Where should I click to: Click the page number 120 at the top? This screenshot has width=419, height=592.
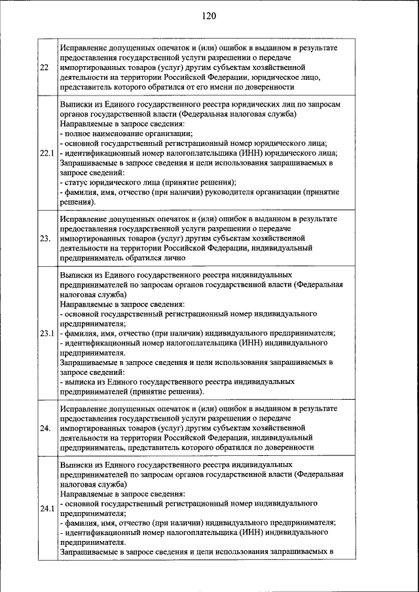click(209, 15)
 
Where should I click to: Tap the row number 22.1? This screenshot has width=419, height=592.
click(46, 153)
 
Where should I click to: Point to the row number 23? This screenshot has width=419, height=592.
click(45, 238)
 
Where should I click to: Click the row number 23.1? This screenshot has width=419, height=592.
click(46, 333)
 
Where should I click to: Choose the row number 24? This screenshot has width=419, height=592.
click(45, 428)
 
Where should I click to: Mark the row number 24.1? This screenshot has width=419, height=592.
click(46, 508)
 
